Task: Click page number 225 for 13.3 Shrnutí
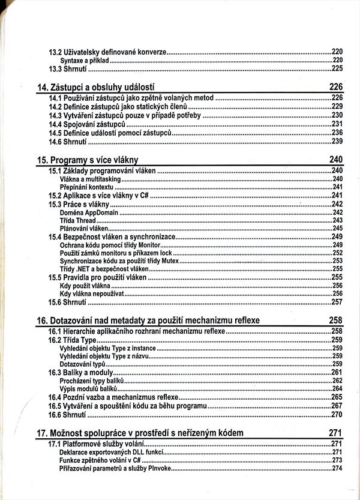(x=337, y=69)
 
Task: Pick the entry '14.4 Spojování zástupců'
(x=86, y=124)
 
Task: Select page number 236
(x=337, y=132)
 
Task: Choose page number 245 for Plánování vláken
(x=337, y=229)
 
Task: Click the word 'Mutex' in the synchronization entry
(x=169, y=261)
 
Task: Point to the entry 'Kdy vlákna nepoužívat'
(x=89, y=294)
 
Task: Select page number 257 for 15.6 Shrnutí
(x=337, y=302)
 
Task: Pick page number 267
(x=337, y=406)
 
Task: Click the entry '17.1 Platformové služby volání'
(x=96, y=444)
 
